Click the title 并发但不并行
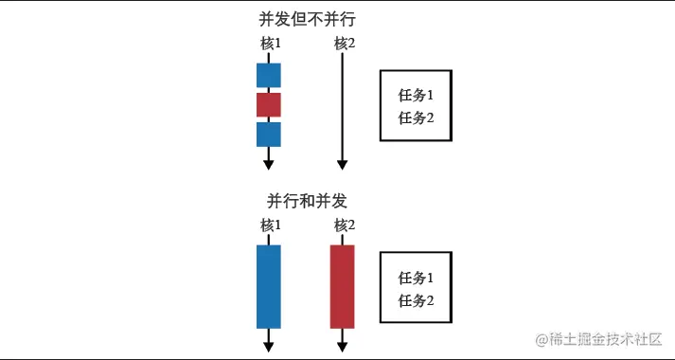[308, 19]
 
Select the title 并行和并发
[307, 201]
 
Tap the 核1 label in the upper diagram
[271, 44]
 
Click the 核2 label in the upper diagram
[345, 44]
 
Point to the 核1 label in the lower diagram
[271, 225]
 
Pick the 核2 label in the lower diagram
[345, 225]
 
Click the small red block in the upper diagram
[269, 104]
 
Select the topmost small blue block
[269, 76]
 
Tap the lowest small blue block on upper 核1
[269, 135]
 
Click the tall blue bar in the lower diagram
[269, 287]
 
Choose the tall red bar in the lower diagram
[343, 287]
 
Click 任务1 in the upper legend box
[416, 95]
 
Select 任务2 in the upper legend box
[416, 117]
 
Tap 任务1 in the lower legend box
[416, 279]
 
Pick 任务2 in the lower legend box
[416, 300]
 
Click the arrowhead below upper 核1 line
[269, 165]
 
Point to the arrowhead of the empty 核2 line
[343, 165]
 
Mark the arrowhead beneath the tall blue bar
[269, 347]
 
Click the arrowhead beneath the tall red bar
[343, 347]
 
